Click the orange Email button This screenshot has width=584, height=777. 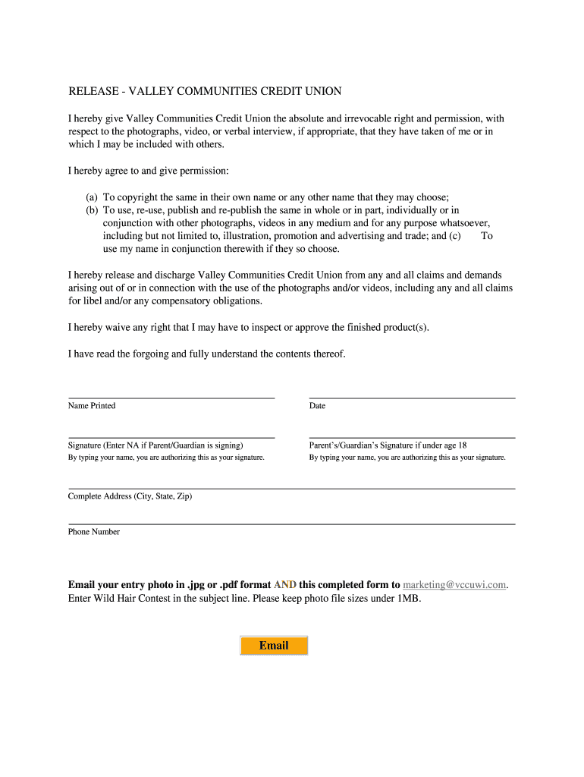[274, 646]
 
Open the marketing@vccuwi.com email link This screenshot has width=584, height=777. [454, 585]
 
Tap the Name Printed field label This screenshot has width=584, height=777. [92, 406]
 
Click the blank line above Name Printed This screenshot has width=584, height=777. [171, 397]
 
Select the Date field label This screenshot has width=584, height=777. [317, 406]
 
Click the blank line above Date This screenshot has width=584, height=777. [412, 397]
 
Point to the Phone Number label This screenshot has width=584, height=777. [94, 532]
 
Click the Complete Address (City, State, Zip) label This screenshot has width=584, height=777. [130, 496]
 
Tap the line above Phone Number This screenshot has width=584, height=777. [292, 524]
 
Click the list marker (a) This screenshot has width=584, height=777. [92, 197]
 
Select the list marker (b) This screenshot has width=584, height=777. [92, 210]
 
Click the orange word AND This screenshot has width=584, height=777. [285, 585]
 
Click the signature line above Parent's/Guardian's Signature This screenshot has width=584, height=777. [412, 437]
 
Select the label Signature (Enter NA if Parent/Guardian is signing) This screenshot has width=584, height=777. [155, 445]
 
